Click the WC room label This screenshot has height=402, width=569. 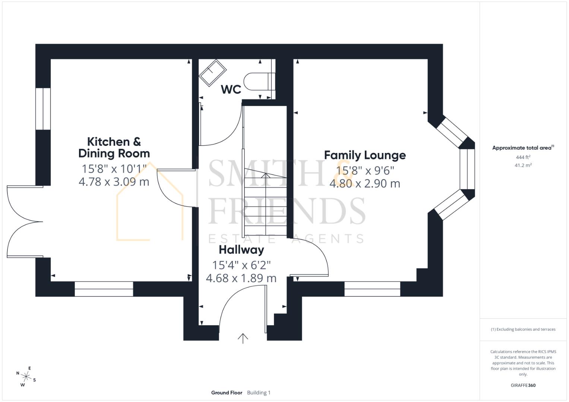[x=231, y=89]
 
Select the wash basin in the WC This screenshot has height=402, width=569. [x=213, y=73]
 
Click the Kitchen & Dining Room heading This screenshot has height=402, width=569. [x=114, y=147]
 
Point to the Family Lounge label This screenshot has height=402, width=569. [x=365, y=155]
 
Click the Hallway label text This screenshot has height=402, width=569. [x=241, y=249]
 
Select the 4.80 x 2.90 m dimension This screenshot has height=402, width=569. [x=365, y=184]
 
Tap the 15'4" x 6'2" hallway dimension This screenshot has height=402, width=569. [x=241, y=265]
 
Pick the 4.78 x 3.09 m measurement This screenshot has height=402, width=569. [x=114, y=182]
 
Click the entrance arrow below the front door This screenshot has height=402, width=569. [x=243, y=338]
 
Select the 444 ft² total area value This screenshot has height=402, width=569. [x=523, y=157]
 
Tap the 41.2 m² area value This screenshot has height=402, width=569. [x=523, y=165]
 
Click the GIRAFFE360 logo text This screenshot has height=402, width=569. [x=523, y=385]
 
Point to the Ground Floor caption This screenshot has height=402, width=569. [x=227, y=393]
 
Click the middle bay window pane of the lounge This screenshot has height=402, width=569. [x=467, y=169]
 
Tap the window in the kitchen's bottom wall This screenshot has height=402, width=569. [x=104, y=289]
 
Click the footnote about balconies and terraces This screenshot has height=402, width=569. [x=523, y=329]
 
